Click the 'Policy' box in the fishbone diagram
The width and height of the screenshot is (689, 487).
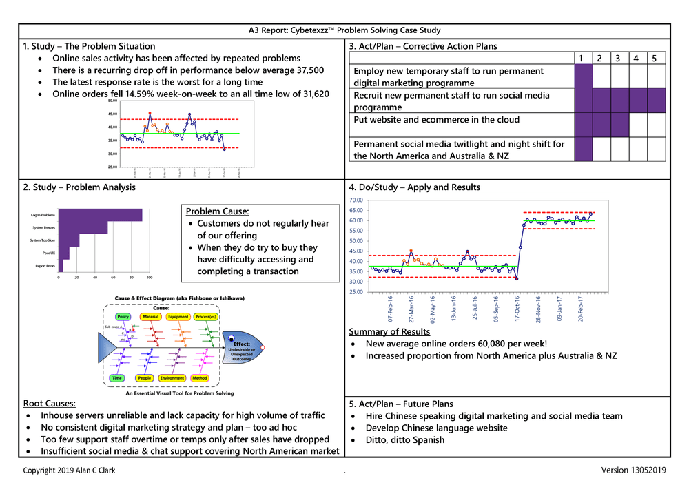coord(123,317)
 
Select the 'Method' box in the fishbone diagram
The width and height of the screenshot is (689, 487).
coord(200,378)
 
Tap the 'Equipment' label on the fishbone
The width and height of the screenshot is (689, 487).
coord(178,317)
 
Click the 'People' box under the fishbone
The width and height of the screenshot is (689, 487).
coord(145,378)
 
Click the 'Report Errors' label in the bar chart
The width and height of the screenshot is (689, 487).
coord(45,265)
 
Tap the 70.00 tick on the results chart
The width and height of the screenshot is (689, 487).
coord(356,200)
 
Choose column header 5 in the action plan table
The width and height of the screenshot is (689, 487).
coord(654,58)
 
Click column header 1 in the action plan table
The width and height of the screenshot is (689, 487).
coord(582,58)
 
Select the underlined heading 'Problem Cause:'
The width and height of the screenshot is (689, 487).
coord(218,211)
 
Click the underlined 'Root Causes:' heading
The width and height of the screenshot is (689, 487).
coord(49,404)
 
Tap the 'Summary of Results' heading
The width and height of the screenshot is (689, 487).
coord(389,332)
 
